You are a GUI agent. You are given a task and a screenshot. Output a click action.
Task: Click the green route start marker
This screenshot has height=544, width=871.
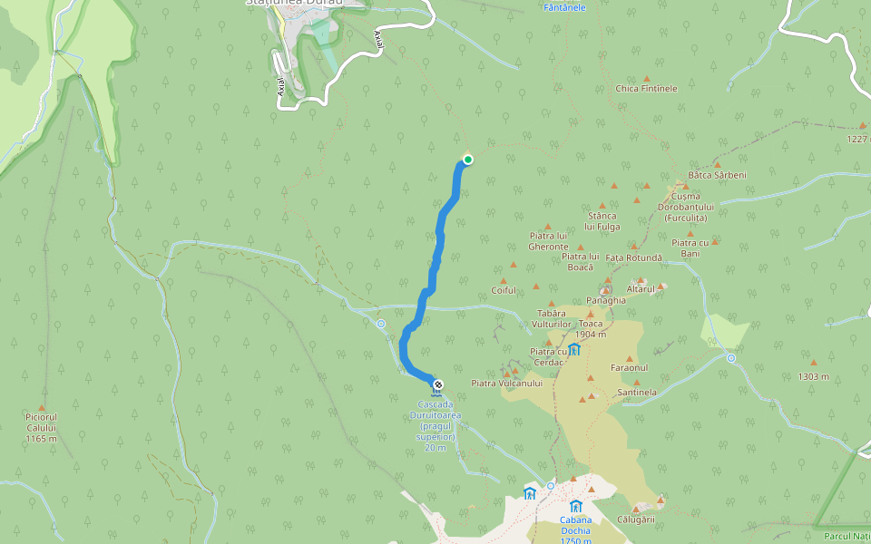pos(468,160)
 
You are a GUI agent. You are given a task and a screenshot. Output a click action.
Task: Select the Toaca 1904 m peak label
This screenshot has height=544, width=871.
pos(591,329)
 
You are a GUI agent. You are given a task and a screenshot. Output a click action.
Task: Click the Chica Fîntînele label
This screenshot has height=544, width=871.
pos(646,89)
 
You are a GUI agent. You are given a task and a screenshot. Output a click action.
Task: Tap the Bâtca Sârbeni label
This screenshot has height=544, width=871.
pos(717,174)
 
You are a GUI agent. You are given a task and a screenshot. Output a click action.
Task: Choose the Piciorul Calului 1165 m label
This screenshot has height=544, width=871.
pos(42,432)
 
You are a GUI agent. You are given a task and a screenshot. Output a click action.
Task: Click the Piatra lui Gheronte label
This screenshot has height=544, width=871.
pos(549,240)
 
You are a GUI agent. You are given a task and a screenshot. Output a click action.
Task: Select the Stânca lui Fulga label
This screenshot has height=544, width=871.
pos(602,221)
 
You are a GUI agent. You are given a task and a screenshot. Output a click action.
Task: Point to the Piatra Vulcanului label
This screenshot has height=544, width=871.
pos(506,384)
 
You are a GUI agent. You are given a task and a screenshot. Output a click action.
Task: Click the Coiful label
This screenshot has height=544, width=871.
pos(504,290)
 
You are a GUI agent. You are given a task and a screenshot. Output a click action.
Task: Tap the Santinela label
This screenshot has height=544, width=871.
pos(636,393)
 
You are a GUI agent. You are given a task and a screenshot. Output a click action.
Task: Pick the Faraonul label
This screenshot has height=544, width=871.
pos(629,368)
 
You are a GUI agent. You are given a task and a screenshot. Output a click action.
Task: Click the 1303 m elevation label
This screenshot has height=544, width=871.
pos(814,376)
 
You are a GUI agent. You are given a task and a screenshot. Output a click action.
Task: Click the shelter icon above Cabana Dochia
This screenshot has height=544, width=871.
pos(575,505)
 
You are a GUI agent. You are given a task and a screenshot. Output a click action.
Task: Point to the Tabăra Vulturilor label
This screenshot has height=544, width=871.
pos(551,318)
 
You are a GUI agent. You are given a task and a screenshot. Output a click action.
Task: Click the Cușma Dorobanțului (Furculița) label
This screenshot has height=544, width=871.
pos(686,207)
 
